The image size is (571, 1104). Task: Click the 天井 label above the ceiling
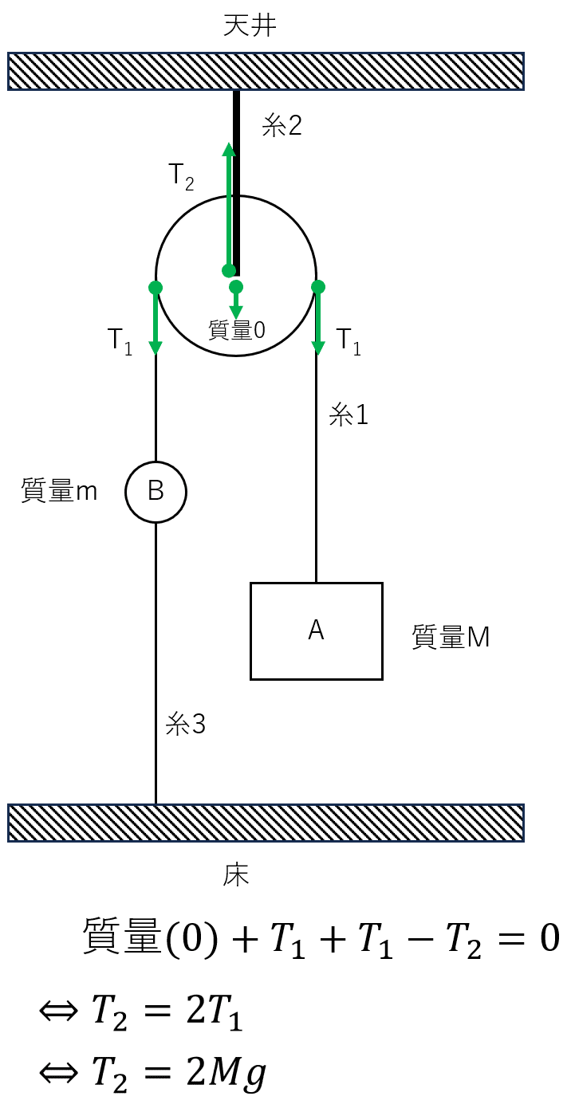click(x=250, y=26)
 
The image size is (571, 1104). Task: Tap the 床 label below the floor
click(x=236, y=875)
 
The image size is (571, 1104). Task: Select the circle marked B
click(x=156, y=491)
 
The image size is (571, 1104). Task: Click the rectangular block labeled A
click(x=316, y=631)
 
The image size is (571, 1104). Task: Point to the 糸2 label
click(x=282, y=125)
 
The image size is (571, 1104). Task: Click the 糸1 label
click(x=349, y=414)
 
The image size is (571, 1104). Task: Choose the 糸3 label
click(x=185, y=724)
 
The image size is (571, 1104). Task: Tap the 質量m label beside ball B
click(x=59, y=490)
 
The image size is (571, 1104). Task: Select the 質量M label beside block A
click(x=451, y=637)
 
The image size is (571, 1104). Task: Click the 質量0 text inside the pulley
click(x=237, y=330)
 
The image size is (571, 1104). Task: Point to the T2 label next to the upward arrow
click(x=181, y=176)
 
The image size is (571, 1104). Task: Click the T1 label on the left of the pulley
click(x=120, y=341)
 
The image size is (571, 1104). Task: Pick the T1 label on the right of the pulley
click(x=349, y=341)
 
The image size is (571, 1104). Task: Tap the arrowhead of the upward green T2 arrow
click(x=229, y=149)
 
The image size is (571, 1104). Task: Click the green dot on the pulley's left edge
click(x=156, y=287)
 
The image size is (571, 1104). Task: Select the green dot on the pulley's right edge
click(x=318, y=287)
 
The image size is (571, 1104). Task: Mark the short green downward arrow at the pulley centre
click(x=236, y=301)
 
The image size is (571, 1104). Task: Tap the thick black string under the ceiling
click(x=237, y=183)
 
